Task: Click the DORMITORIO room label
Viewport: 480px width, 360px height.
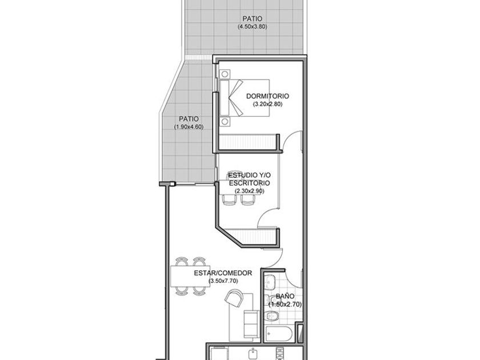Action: [267, 96]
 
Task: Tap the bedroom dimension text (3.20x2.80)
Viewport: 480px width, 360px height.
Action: [267, 104]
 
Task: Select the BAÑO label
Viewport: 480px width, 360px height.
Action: [285, 297]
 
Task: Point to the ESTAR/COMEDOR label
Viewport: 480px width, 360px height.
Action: [223, 273]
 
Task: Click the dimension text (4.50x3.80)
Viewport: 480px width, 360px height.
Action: [252, 27]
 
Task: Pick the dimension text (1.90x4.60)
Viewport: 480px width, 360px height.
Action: [189, 127]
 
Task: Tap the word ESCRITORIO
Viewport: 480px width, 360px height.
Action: [250, 183]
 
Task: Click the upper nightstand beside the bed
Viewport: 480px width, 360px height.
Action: [225, 74]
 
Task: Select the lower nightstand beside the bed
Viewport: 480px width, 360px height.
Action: [225, 122]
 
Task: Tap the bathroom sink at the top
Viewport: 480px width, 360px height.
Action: [270, 282]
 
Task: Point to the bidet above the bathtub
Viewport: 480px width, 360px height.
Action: [267, 300]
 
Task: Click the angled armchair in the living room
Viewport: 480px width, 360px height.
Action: [234, 298]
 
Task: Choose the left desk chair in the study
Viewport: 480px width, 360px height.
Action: [230, 199]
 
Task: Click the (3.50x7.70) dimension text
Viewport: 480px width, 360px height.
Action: [223, 281]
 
